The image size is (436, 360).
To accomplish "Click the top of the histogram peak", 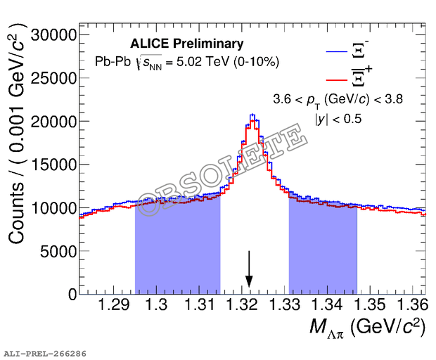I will pyautogui.click(x=252, y=115).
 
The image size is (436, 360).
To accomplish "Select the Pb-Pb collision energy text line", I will pyautogui.click(x=187, y=62).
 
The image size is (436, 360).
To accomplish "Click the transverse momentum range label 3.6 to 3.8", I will pyautogui.click(x=338, y=99).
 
